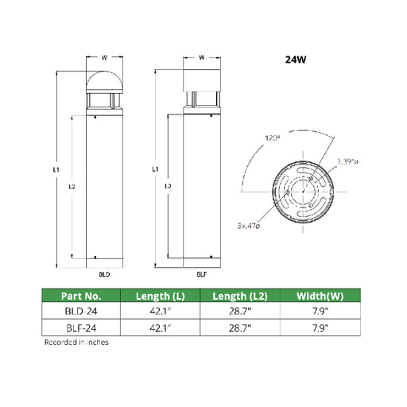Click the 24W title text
pos(296,60)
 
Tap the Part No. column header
pos(81,296)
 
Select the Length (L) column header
pos(160,296)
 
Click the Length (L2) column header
pos(240,296)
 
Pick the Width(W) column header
pos(320,296)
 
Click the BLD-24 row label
pos(81,311)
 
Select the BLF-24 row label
pos(81,328)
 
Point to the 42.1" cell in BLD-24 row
pos(160,311)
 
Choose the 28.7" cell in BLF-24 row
pos(240,328)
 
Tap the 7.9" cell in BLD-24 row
pos(320,311)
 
